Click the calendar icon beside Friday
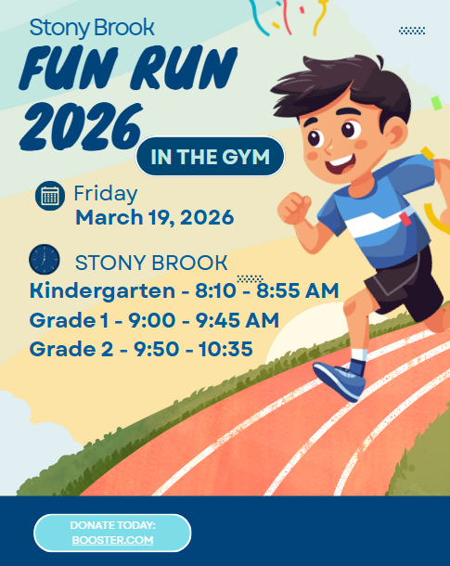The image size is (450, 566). pos(50,196)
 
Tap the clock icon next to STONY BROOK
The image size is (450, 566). pos(44,259)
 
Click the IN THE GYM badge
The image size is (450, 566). pos(210,156)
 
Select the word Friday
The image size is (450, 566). pos(106,194)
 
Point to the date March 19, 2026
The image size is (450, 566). pos(154,219)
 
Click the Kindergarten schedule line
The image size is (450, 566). pos(184,290)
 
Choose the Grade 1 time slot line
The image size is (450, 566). pos(154,320)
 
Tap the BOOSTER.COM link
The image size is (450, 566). pos(112,539)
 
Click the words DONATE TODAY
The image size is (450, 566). pos(112,526)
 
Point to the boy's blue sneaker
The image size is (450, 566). pos(339,378)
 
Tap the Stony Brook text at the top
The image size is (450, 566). pos(91,27)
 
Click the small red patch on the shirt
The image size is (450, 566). pos(405,219)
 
